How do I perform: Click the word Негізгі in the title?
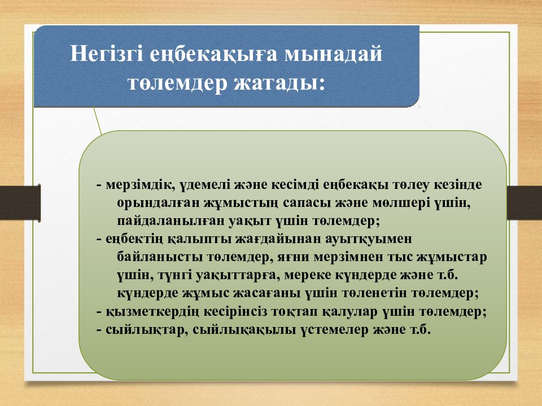coord(107,54)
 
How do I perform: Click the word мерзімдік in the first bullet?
coord(141,186)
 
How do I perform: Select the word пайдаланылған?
coord(171,221)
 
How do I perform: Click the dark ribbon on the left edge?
coord(20,203)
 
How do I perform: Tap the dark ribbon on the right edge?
coord(524,203)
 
